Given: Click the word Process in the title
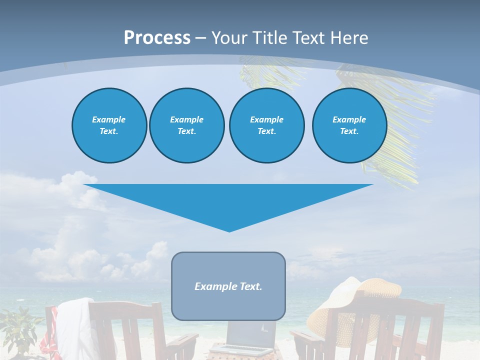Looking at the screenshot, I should tap(157, 38).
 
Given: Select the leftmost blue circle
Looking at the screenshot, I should tap(109, 125).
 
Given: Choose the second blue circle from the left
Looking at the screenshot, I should tap(186, 125).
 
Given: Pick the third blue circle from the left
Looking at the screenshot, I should tap(266, 125).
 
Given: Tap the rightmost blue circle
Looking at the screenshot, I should tap(349, 125).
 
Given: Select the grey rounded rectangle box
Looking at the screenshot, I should tap(228, 305).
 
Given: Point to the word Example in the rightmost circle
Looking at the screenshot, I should tap(349, 119).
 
